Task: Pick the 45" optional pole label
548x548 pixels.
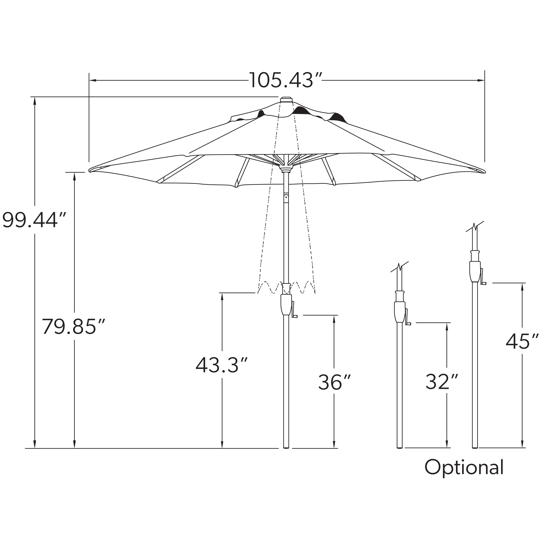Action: click(522, 341)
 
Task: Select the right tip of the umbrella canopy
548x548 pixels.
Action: click(484, 171)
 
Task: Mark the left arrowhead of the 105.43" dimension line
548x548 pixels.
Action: click(93, 80)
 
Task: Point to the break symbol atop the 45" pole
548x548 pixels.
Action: click(475, 227)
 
